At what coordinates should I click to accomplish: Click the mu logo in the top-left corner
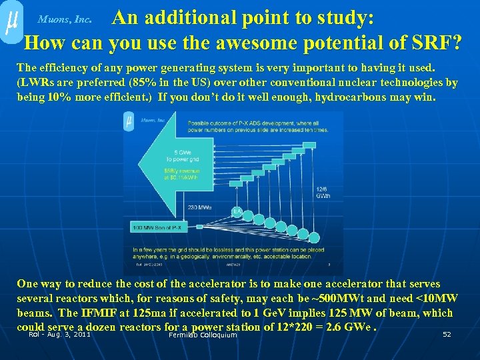11,23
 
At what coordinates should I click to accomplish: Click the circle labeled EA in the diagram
236,212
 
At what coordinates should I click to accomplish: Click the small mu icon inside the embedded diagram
128,121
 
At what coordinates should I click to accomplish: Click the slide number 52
447,334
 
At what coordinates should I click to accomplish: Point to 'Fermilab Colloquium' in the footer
203,335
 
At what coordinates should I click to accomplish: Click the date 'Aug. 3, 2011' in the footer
69,335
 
